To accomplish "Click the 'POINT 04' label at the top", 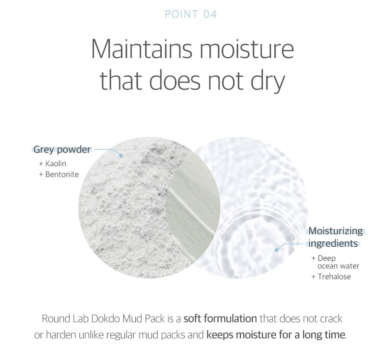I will click(x=191, y=15).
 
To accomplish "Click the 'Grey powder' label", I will click(x=62, y=149).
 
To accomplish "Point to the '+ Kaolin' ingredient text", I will click(x=53, y=164).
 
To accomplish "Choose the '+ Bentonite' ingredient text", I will click(x=59, y=174).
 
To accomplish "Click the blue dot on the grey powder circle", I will click(x=121, y=155).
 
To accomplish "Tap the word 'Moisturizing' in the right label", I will click(x=336, y=231).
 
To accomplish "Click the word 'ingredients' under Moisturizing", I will click(x=333, y=243).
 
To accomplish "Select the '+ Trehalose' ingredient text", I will click(x=331, y=276).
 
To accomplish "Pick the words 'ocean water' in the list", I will click(x=338, y=266).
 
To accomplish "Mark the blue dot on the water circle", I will click(x=276, y=250).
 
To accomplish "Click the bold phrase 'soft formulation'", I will click(x=220, y=319).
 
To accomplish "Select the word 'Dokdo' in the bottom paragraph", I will click(x=105, y=319).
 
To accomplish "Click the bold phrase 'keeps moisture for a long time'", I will click(x=276, y=334).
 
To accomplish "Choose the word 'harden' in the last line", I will click(x=65, y=334).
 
